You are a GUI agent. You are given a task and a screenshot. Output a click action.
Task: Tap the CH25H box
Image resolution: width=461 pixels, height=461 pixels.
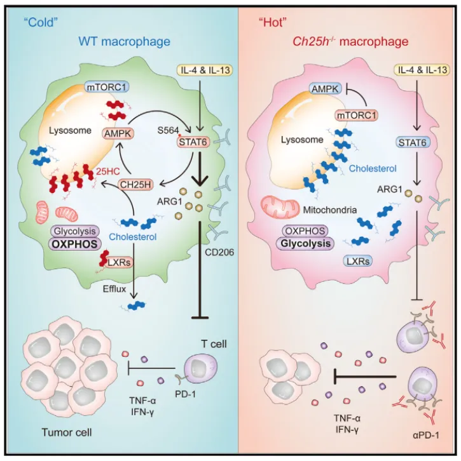[138, 185]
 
